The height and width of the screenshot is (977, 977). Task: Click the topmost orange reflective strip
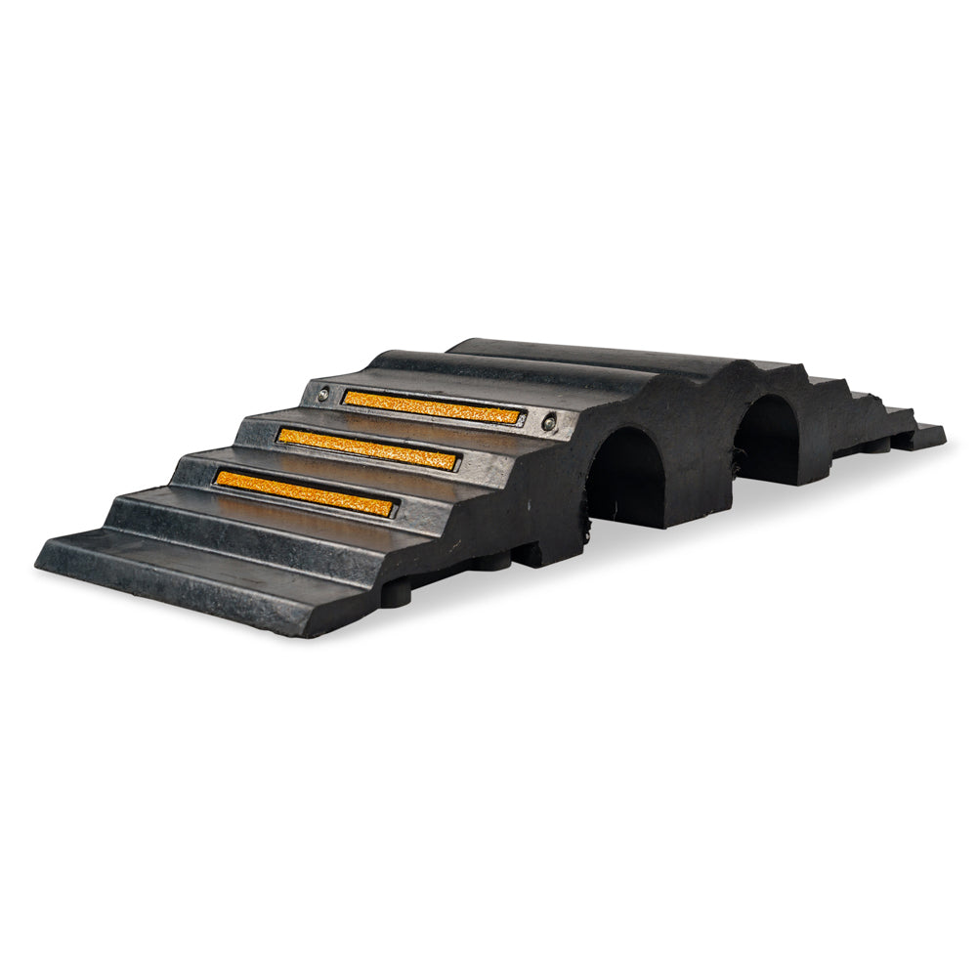[431, 406]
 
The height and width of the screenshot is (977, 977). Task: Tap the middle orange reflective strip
[367, 448]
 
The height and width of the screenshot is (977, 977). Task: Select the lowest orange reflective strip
[305, 493]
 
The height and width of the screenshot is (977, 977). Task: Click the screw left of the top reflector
[321, 396]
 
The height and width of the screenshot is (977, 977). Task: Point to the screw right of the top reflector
[548, 422]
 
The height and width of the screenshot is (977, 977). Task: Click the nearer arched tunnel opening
[625, 479]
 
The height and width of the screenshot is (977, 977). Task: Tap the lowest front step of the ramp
[195, 576]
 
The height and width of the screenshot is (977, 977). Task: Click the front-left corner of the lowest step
[39, 564]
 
